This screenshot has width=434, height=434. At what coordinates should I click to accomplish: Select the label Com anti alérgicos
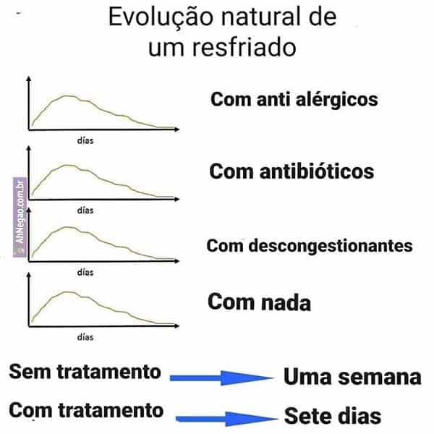pos(294,99)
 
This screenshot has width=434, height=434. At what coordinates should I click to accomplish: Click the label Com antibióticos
pos(292,171)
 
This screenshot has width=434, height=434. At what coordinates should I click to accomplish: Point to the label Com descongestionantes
pos(310,245)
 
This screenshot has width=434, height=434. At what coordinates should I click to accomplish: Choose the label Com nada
pos(259,302)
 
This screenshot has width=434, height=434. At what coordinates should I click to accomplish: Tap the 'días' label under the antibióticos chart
pos(85,210)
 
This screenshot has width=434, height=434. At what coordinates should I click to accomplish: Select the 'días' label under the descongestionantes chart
pos(85,273)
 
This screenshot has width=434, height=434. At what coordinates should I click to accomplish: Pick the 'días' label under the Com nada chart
pos(85,336)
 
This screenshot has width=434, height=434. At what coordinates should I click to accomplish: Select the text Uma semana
pos(352,377)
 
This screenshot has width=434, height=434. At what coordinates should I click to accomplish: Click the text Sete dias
pos(332,417)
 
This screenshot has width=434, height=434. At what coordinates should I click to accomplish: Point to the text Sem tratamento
pos(85,372)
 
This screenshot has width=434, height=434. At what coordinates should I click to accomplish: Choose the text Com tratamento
pos(86,411)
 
